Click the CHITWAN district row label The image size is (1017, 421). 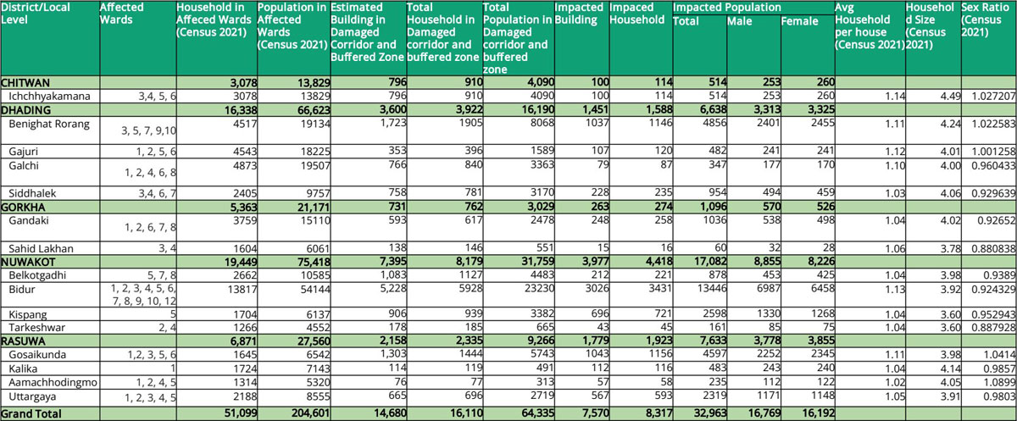[25, 82]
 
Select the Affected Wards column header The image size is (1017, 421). [122, 14]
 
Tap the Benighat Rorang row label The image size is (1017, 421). [49, 124]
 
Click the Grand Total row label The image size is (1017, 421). [31, 413]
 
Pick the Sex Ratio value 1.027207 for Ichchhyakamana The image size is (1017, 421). [993, 97]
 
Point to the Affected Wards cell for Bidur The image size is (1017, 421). [143, 295]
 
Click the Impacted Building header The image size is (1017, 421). [579, 14]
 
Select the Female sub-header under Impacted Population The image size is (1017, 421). [799, 21]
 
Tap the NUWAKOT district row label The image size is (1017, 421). [28, 263]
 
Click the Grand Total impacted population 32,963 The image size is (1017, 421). [710, 413]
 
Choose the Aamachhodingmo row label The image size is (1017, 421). [53, 382]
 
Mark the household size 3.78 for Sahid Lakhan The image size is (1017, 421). [950, 248]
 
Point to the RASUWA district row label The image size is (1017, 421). [23, 341]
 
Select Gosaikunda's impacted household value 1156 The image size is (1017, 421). [660, 354]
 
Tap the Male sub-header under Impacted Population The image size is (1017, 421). [740, 21]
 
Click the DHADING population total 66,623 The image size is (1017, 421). [314, 110]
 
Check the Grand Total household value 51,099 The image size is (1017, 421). [241, 413]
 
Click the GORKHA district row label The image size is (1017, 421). [23, 208]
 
